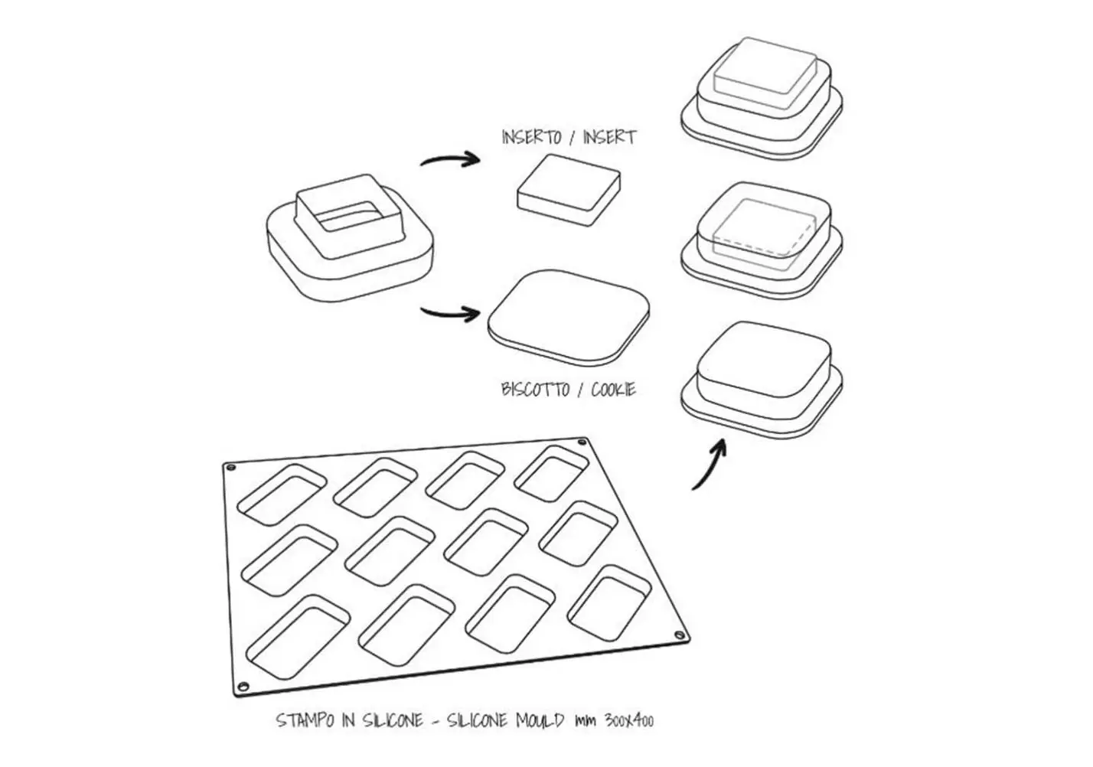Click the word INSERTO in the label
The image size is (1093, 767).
click(531, 137)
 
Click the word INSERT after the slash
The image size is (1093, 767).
click(609, 137)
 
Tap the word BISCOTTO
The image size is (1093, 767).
click(535, 390)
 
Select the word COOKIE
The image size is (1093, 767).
click(613, 390)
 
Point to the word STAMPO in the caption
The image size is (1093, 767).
click(305, 720)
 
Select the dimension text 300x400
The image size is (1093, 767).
click(629, 720)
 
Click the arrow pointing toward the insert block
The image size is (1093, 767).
click(450, 159)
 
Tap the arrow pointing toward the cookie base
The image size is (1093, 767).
click(450, 312)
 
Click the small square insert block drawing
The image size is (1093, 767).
click(569, 190)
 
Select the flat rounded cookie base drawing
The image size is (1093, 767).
click(569, 318)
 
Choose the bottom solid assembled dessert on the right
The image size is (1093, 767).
click(762, 380)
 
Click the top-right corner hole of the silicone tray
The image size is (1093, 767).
click(582, 442)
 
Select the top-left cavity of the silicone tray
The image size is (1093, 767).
click(282, 494)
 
